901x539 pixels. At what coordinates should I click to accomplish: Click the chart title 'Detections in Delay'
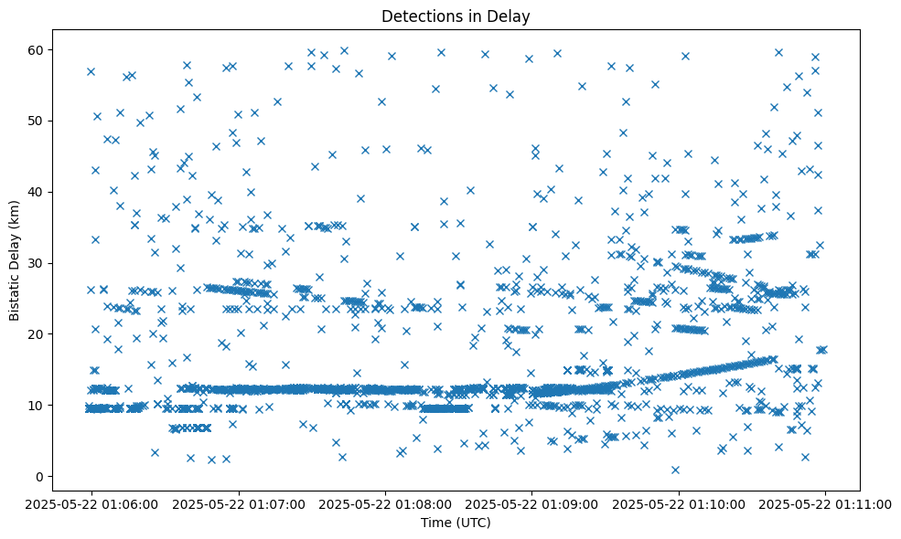pyautogui.click(x=456, y=16)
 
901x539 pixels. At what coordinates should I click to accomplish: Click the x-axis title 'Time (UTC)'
pyautogui.click(x=456, y=523)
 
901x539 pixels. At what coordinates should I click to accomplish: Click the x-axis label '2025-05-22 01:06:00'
pyautogui.click(x=91, y=503)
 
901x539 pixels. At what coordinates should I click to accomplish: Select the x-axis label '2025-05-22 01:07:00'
pyautogui.click(x=238, y=503)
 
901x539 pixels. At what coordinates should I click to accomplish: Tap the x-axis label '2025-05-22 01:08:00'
pyautogui.click(x=385, y=503)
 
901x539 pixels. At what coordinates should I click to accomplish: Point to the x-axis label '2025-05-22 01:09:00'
pyautogui.click(x=532, y=503)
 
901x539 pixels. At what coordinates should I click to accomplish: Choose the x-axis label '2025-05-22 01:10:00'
pyautogui.click(x=679, y=503)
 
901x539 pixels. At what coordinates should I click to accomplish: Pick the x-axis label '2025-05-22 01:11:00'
pyautogui.click(x=826, y=503)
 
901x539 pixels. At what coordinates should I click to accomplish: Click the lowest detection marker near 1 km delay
pyautogui.click(x=675, y=470)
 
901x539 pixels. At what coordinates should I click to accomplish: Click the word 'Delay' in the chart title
pyautogui.click(x=510, y=16)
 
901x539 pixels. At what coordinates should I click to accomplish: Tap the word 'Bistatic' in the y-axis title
pyautogui.click(x=15, y=291)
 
